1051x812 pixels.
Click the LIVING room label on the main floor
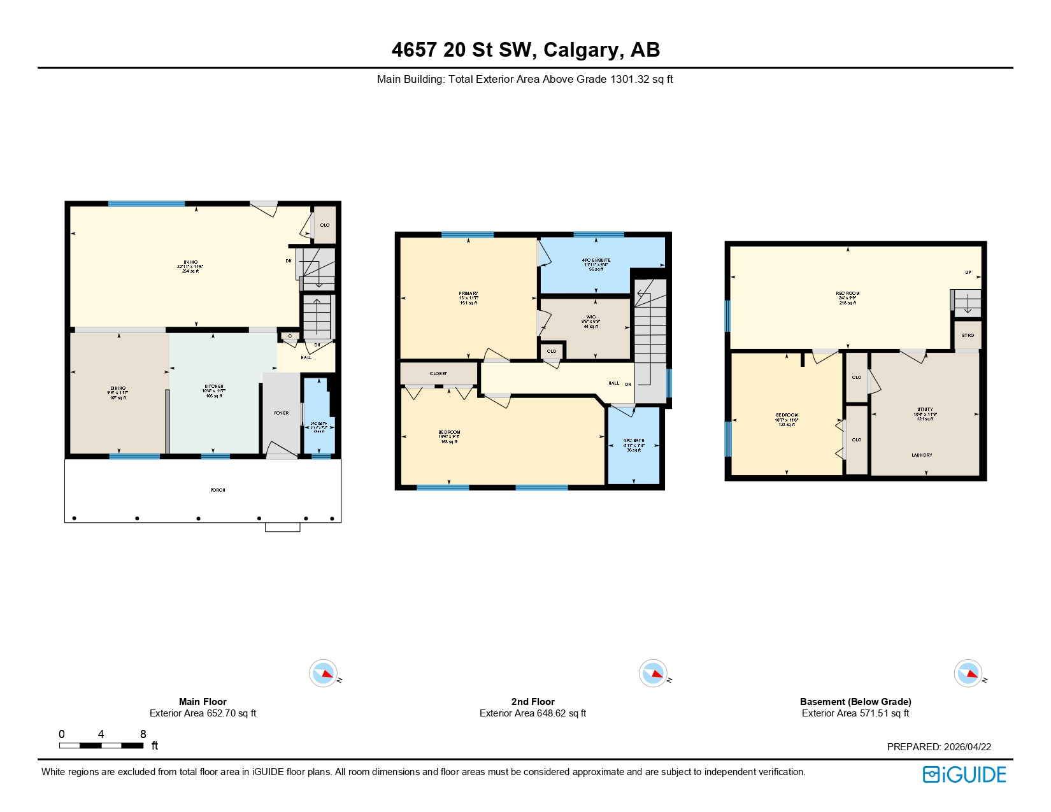click(190, 262)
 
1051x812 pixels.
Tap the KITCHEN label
click(214, 387)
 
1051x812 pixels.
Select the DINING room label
click(118, 388)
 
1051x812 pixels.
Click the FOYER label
click(282, 413)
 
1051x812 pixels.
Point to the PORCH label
click(218, 490)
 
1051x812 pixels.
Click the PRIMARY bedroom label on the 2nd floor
click(468, 294)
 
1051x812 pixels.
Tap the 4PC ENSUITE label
click(596, 260)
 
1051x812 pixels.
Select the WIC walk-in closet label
click(591, 317)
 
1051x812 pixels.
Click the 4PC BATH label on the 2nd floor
click(634, 441)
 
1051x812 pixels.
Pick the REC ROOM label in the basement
click(848, 294)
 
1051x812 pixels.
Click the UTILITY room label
click(925, 410)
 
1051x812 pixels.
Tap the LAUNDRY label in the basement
click(922, 455)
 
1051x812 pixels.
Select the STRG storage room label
click(968, 336)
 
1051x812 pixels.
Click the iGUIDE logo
click(964, 774)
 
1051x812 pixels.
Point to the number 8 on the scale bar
click(143, 734)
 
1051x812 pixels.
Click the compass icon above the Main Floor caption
click(324, 673)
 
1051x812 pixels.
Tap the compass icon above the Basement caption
click(968, 673)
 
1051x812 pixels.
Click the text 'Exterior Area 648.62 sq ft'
click(533, 713)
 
